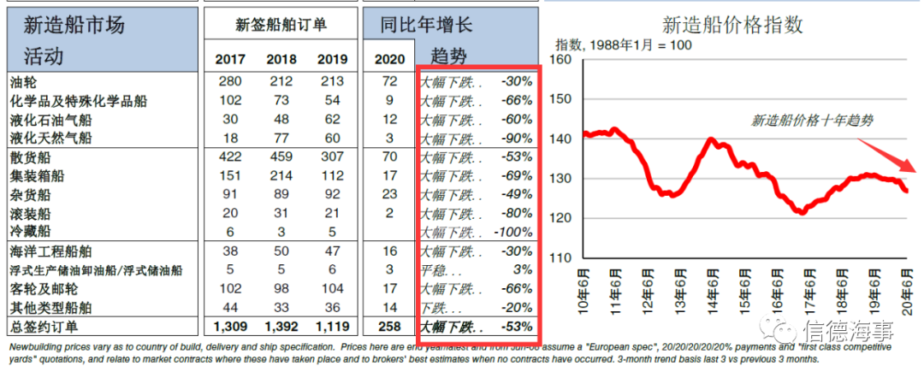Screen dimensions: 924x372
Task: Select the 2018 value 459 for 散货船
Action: click(x=281, y=157)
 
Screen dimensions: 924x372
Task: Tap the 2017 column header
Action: click(x=230, y=60)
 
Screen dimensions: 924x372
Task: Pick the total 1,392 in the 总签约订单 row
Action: click(x=281, y=327)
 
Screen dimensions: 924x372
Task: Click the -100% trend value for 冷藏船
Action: click(x=514, y=232)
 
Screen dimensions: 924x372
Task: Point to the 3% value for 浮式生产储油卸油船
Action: click(x=524, y=270)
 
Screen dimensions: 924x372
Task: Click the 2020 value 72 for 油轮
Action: click(x=389, y=81)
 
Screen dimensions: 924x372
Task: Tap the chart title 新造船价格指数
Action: click(x=732, y=26)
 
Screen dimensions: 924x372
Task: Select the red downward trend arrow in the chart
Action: click(x=887, y=155)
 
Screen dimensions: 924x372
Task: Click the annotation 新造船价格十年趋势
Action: click(x=811, y=121)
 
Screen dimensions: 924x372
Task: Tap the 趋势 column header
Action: click(x=449, y=56)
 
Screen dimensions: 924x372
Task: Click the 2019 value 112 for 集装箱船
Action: click(x=332, y=176)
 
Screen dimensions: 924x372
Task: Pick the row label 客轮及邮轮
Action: click(x=44, y=289)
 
